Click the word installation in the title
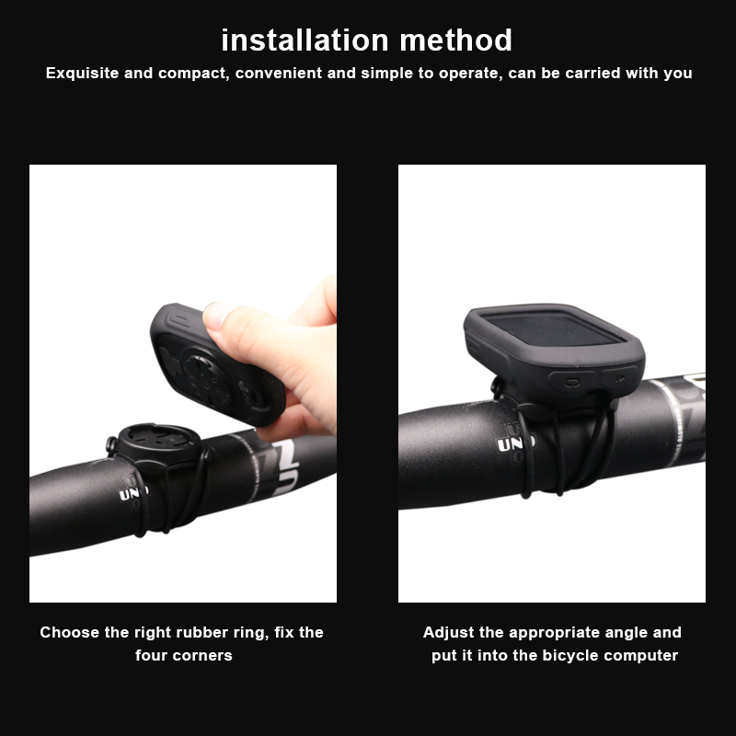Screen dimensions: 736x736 tap(305, 40)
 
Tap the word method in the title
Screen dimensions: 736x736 tap(456, 40)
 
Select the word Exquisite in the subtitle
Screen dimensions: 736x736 tap(83, 73)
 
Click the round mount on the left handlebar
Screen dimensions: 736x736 tap(149, 440)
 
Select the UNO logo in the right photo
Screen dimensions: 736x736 tap(515, 445)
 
